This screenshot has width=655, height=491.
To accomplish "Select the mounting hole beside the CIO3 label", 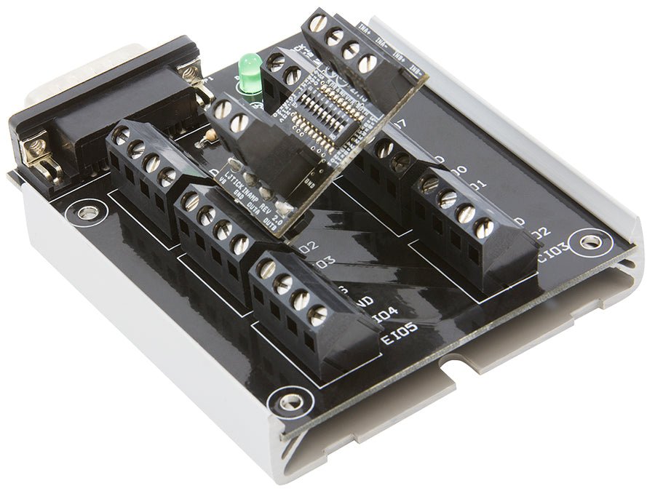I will (x=587, y=241).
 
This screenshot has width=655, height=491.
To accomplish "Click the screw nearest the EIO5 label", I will (x=317, y=315).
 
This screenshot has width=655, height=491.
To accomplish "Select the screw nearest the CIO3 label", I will (x=483, y=228).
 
